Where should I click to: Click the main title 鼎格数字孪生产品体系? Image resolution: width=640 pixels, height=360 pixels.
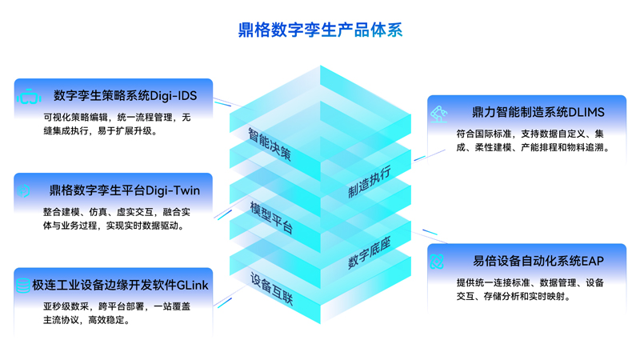coord(321,30)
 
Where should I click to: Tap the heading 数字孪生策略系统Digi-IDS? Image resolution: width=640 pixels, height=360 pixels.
coord(126,96)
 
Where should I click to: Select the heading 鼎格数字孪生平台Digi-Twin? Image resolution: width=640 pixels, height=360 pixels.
coord(125,190)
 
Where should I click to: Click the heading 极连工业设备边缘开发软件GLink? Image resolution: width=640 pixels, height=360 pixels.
coord(121,286)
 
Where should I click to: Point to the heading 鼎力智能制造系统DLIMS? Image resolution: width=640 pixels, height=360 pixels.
coord(538,112)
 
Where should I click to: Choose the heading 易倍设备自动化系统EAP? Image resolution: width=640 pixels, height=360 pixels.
coord(538,262)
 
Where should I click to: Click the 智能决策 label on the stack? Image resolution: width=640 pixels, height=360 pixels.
coord(270,145)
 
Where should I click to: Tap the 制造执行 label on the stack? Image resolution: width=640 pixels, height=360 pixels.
coord(370,182)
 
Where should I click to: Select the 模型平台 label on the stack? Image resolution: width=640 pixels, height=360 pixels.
coord(271,218)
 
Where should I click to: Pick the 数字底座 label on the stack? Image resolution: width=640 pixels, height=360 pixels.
coord(370,253)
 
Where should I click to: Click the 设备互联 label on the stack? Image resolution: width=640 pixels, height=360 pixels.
coord(271,289)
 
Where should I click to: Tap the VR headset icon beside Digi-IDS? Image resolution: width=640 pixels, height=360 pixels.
coord(29,96)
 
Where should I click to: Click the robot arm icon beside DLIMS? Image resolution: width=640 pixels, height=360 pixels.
coord(439,114)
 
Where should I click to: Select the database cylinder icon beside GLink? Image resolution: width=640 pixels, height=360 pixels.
coord(23,286)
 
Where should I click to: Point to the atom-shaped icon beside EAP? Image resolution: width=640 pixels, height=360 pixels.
coord(437,262)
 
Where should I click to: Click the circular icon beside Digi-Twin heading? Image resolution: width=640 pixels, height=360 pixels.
coord(24,191)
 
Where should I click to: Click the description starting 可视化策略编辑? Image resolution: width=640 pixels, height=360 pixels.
coord(117,124)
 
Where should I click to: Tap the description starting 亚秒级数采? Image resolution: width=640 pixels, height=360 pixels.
coord(117,313)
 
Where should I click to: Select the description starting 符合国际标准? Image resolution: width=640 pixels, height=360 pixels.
coord(533,141)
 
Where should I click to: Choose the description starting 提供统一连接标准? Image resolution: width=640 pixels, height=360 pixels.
coord(530,290)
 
